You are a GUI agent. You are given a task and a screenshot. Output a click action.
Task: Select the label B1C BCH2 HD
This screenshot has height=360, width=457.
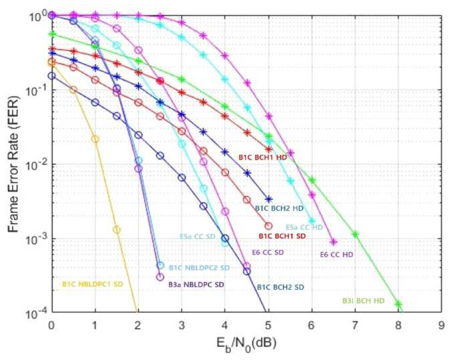279,208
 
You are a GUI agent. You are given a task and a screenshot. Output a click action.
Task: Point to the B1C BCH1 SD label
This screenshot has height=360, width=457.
282,236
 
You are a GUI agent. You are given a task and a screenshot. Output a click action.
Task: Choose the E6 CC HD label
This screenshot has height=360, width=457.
337,255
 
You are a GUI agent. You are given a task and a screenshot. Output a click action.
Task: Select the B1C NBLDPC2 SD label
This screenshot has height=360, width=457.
199,268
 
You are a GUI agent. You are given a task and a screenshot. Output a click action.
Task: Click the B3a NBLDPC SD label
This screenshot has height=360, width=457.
196,284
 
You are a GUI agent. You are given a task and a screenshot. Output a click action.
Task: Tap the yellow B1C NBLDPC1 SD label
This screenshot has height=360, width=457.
93,284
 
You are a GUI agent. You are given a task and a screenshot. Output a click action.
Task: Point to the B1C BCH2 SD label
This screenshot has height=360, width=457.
280,287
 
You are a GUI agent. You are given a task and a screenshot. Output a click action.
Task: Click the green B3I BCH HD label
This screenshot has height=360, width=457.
363,301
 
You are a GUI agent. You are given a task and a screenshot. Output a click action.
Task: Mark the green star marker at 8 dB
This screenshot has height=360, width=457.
398,304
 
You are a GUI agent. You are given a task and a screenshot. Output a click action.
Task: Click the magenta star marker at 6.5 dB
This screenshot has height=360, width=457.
334,242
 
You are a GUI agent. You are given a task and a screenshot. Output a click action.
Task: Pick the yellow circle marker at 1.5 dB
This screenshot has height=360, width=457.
117,230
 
